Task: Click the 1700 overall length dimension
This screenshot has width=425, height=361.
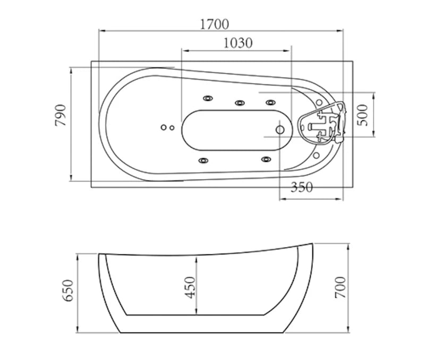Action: point(215,24)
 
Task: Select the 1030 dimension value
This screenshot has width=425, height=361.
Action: point(237,43)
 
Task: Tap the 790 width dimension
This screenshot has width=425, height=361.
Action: point(61,115)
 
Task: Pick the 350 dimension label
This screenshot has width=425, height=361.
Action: point(302,187)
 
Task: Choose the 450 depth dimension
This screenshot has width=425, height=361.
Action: point(190,287)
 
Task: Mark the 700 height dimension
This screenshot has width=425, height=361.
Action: point(341,287)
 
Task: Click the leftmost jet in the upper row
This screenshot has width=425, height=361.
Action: point(207,98)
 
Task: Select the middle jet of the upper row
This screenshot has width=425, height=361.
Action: point(239,102)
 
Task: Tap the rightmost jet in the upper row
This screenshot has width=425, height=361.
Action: point(271,102)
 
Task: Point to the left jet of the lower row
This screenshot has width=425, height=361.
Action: point(203,160)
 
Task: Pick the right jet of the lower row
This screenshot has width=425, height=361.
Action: point(266,159)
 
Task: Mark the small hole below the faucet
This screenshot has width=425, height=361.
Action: point(317,156)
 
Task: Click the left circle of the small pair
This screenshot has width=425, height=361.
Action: point(164,127)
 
